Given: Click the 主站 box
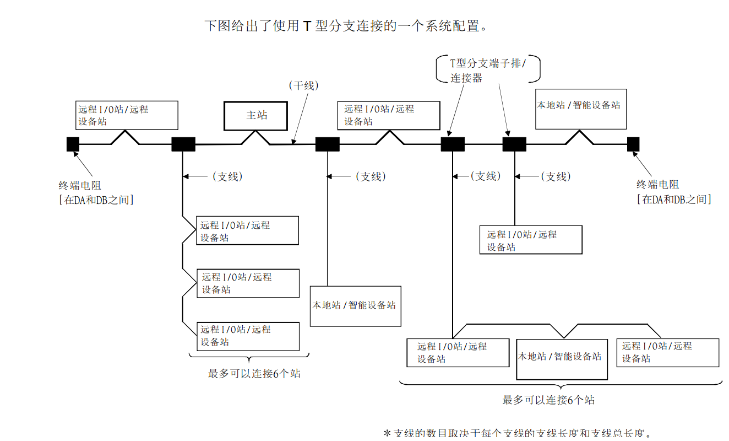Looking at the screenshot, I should pos(255,116).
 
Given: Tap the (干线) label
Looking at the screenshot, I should pos(304,86).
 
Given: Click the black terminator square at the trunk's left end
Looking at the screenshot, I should pos(73,144).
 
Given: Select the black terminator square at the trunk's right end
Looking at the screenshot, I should pos(633,144).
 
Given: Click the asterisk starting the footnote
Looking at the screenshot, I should pos(387,433).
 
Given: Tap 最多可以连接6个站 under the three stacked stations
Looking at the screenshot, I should pos(254,373).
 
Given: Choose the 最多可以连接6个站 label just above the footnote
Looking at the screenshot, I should pos(548,400).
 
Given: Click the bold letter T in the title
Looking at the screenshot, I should pos(307,25).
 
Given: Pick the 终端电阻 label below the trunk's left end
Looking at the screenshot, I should pos(80,186).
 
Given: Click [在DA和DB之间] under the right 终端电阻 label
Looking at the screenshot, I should pos(674,199).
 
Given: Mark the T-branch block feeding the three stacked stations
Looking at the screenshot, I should pos(183,144).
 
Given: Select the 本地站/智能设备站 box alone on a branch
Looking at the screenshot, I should pos(355,306).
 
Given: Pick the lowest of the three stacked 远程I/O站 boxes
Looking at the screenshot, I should pos(248,336).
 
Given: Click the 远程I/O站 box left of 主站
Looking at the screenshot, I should pos(127,115).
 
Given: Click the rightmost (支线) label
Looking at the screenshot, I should pos(556,176).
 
